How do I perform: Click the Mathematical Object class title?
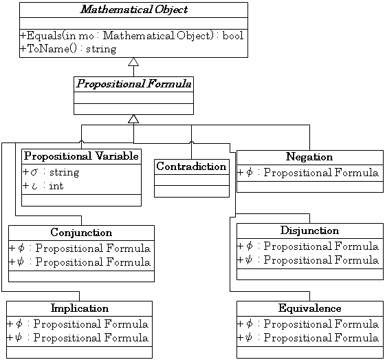tap(134, 10)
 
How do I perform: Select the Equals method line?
tap(132, 36)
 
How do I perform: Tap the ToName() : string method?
tap(68, 49)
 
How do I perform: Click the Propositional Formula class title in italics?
tap(134, 84)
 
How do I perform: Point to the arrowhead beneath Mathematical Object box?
tap(133, 62)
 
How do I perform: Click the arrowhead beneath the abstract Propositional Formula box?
tap(133, 119)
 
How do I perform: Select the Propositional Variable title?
tap(81, 156)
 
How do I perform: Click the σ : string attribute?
tap(51, 172)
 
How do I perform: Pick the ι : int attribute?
tap(43, 186)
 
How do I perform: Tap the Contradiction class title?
tap(191, 167)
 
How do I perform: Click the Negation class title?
tap(309, 157)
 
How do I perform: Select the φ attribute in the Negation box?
tap(308, 172)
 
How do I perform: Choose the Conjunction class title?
tap(81, 233)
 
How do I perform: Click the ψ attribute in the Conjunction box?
tap(80, 262)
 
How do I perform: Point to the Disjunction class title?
tap(309, 231)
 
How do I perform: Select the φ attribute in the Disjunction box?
tap(308, 246)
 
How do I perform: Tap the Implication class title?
tap(80, 308)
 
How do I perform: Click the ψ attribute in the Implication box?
tap(78, 337)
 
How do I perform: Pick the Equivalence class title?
tap(309, 308)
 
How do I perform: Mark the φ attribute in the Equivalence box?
tap(308, 324)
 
